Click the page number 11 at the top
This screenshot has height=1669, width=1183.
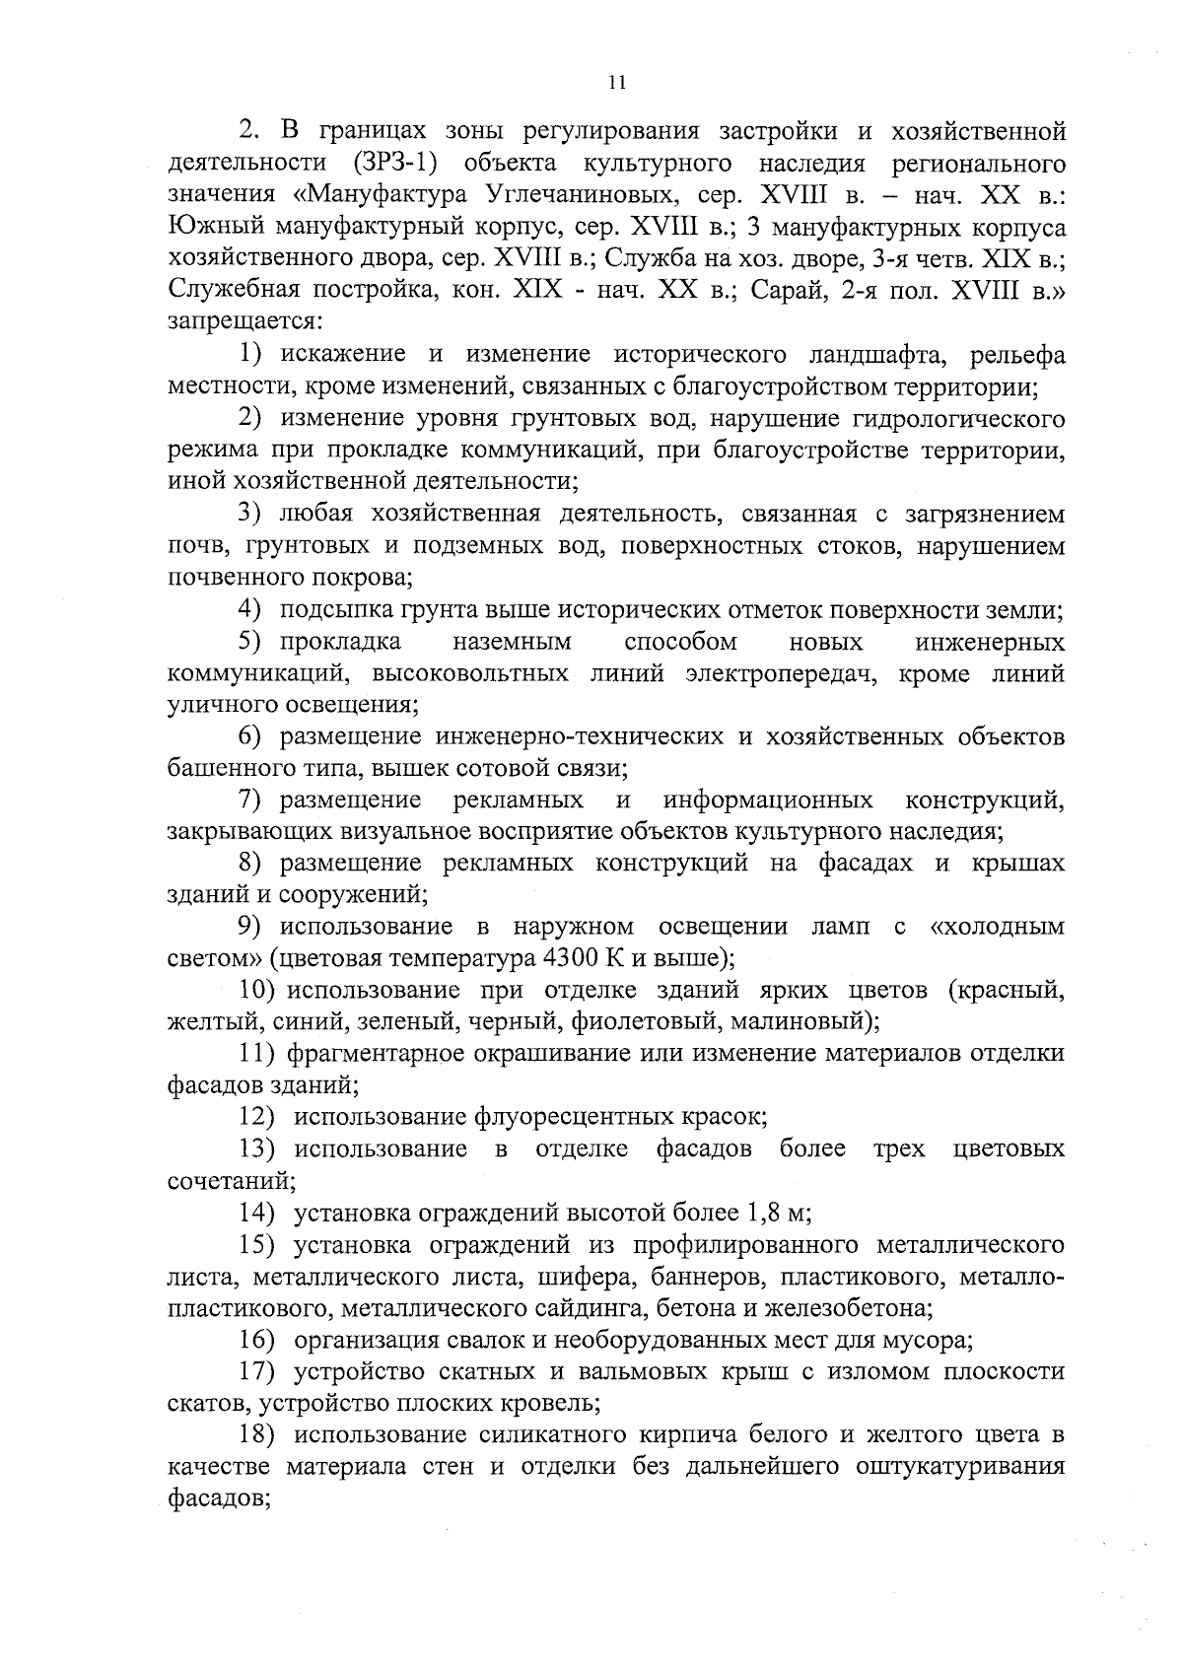tap(617, 83)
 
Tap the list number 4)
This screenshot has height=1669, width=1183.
tap(254, 610)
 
